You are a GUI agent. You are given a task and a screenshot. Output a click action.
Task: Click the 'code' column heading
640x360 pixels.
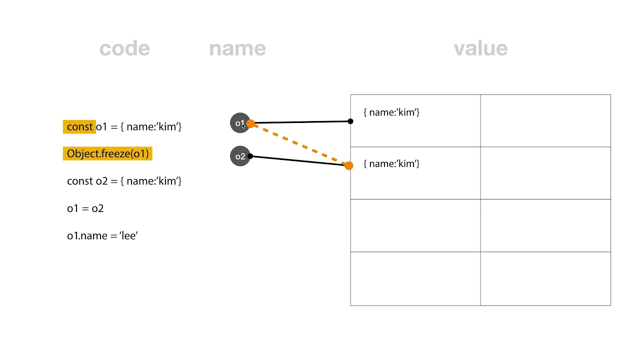[124, 48]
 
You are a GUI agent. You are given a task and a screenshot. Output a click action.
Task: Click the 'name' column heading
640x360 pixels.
[237, 48]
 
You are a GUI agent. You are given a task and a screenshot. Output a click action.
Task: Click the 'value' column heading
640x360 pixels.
[481, 48]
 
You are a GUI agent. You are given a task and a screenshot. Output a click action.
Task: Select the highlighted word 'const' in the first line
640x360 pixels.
[79, 126]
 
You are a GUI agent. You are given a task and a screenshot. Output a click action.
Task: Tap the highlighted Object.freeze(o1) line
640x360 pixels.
[107, 153]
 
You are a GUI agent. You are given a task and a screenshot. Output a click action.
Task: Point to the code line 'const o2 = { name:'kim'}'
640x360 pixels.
[124, 181]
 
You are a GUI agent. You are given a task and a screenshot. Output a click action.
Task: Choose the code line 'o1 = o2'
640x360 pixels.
[85, 208]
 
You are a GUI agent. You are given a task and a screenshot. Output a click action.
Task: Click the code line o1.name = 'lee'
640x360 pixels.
[102, 235]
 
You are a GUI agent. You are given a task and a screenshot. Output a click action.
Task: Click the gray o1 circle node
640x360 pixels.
[239, 123]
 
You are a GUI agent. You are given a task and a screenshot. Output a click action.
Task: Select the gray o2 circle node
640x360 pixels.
[240, 156]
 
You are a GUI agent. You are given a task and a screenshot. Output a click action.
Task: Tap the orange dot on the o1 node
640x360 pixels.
[250, 123]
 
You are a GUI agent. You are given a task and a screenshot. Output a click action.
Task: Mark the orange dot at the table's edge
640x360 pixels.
[349, 165]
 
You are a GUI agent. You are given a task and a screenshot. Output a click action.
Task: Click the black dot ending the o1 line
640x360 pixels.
[350, 121]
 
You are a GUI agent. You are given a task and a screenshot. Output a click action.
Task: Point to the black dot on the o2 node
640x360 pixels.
[250, 156]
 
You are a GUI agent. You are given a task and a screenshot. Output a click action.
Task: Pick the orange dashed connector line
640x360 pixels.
[299, 144]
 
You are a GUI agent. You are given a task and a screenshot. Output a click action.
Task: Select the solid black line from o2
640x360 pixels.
[299, 160]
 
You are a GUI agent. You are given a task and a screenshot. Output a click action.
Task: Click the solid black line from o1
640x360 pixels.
[300, 122]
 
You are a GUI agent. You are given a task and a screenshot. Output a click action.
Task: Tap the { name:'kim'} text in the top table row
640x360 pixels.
[391, 112]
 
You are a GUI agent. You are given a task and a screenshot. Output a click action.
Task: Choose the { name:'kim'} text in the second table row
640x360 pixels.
[391, 163]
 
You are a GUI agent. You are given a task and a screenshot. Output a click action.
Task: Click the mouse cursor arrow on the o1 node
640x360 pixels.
[243, 126]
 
